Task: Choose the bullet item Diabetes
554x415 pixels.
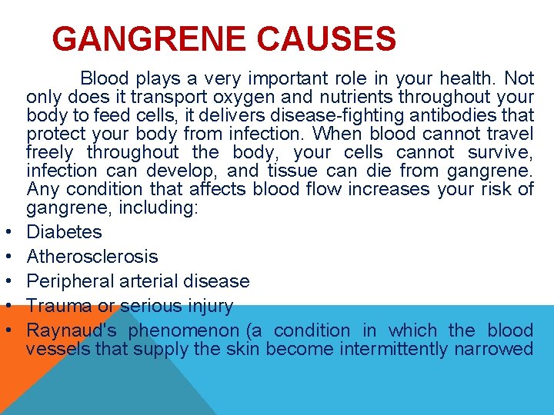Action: pos(64,232)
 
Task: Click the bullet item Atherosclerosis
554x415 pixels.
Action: pos(92,257)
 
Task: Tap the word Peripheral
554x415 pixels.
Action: pos(71,281)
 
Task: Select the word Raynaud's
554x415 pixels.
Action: pos(72,330)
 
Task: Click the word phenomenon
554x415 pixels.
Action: pos(184,330)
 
